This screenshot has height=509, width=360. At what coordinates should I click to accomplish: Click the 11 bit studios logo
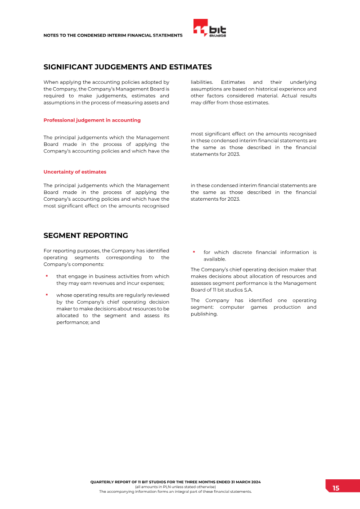[210, 28]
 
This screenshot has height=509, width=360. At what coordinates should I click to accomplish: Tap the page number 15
[336, 488]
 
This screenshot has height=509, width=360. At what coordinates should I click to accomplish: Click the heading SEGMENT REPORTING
[85, 235]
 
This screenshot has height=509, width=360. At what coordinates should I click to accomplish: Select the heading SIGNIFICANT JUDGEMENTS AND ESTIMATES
[127, 67]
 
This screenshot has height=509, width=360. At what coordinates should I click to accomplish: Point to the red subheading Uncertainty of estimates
[75, 172]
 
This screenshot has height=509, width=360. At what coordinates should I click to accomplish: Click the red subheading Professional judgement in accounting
[92, 120]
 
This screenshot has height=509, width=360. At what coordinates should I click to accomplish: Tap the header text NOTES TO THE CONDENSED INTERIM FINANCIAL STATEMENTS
[113, 35]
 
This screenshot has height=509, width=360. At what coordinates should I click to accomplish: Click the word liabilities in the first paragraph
[202, 82]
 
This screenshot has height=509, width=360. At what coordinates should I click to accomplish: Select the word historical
[269, 89]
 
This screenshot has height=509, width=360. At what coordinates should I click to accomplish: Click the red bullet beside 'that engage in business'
[46, 276]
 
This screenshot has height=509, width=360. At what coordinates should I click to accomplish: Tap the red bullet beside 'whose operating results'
[46, 295]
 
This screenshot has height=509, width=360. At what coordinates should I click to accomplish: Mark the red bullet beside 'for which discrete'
[193, 252]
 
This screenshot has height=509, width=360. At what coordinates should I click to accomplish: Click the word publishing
[203, 314]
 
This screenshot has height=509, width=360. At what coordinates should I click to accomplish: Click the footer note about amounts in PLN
[175, 487]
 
